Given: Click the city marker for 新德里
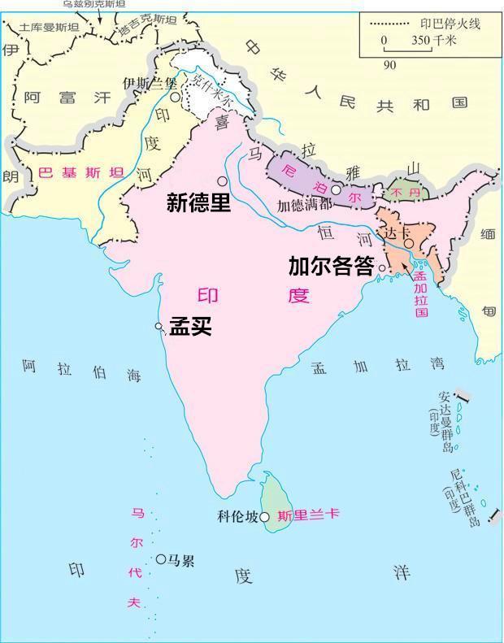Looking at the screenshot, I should pyautogui.click(x=221, y=180).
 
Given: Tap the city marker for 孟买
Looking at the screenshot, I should pyautogui.click(x=159, y=326).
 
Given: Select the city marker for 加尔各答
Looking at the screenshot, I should pyautogui.click(x=382, y=267).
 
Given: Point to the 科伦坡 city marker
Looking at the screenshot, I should pyautogui.click(x=264, y=516).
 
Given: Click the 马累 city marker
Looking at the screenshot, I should pyautogui.click(x=161, y=559).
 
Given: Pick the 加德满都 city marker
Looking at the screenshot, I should pyautogui.click(x=335, y=189).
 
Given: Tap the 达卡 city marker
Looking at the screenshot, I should pyautogui.click(x=409, y=243).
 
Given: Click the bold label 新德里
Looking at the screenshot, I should pyautogui.click(x=198, y=202).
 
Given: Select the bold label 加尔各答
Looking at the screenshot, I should pyautogui.click(x=330, y=267).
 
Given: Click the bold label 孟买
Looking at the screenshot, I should pyautogui.click(x=190, y=326).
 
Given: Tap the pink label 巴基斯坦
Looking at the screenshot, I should pyautogui.click(x=80, y=172).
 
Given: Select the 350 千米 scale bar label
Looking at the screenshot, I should pyautogui.click(x=432, y=40).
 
